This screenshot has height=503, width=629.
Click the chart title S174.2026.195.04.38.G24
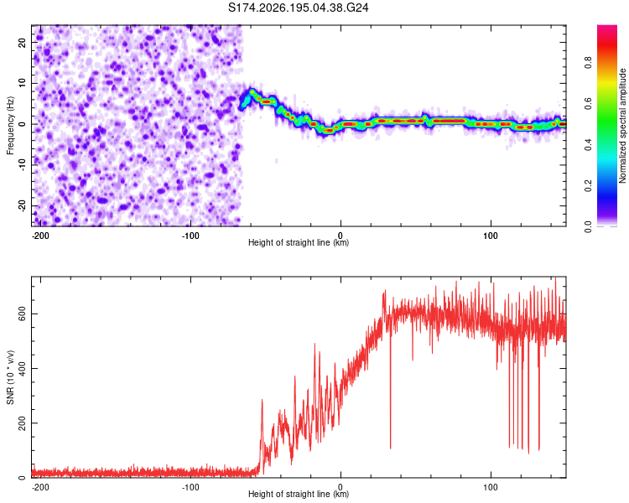(298, 8)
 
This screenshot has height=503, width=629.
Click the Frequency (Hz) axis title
(10, 126)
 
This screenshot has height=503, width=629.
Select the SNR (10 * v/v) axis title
(10, 377)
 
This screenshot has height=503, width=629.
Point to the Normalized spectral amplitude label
(622, 126)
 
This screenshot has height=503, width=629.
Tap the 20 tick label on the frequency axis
(22, 42)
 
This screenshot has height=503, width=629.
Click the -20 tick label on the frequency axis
(22, 206)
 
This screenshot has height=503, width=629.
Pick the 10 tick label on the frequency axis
(22, 83)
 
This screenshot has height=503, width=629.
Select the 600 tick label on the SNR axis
(22, 314)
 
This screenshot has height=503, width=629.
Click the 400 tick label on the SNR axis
(22, 368)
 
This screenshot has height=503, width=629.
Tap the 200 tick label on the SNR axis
(22, 423)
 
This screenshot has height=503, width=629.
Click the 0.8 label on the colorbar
(588, 63)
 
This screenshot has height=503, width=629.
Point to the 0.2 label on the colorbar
(588, 186)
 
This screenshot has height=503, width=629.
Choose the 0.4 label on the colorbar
(588, 144)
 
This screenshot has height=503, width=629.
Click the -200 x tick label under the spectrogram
(40, 236)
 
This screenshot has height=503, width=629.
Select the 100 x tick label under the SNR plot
(491, 487)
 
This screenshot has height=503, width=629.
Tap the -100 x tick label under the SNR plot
(190, 487)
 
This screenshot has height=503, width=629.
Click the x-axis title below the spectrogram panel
(299, 242)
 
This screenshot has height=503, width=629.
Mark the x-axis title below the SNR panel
(299, 494)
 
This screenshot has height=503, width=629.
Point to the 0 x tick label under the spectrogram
(340, 236)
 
